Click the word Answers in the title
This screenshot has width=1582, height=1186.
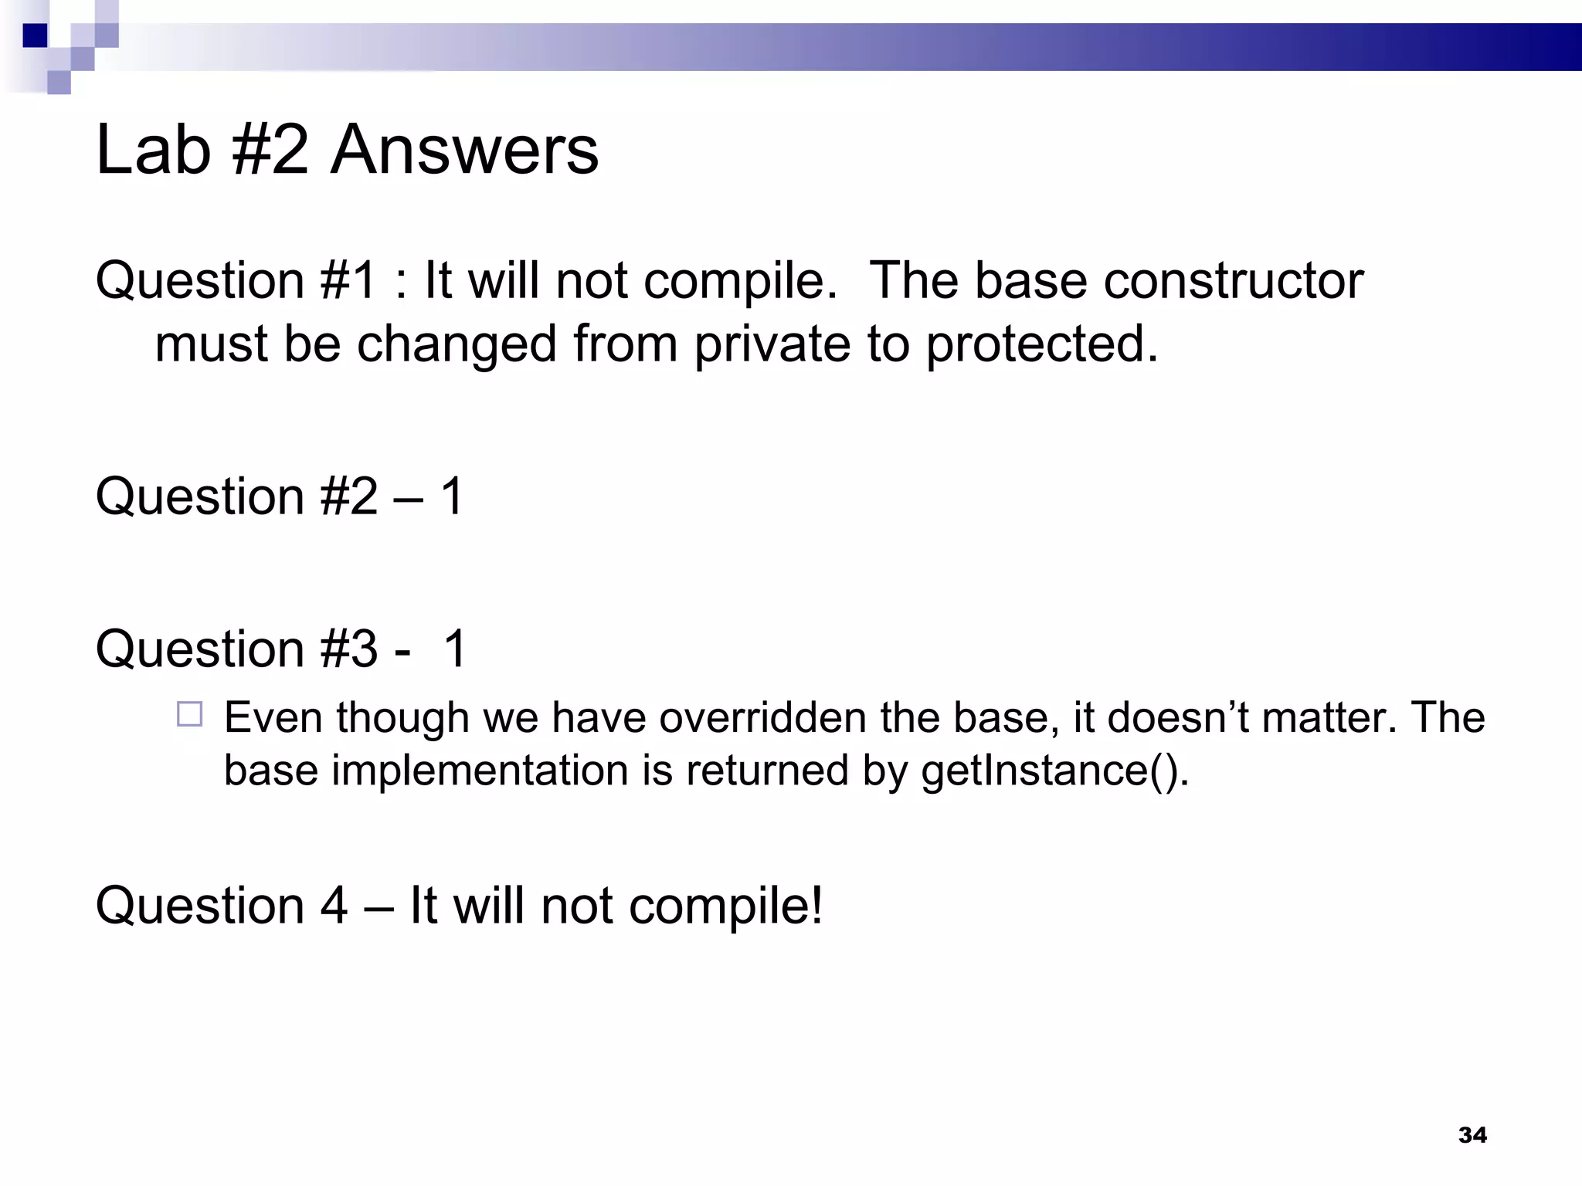pyautogui.click(x=464, y=150)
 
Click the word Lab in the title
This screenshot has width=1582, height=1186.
pyautogui.click(x=153, y=150)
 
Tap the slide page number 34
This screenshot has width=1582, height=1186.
pyautogui.click(x=1472, y=1134)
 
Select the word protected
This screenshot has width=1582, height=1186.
pyautogui.click(x=1042, y=344)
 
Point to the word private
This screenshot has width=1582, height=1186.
pyautogui.click(x=772, y=344)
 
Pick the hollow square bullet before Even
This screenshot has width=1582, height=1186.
pyautogui.click(x=189, y=714)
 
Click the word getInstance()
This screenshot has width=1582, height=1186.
pyautogui.click(x=1054, y=771)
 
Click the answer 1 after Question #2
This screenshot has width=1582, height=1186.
pyautogui.click(x=452, y=496)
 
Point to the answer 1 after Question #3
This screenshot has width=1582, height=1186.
pyautogui.click(x=455, y=649)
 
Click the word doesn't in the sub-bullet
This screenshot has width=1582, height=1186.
pyautogui.click(x=1190, y=717)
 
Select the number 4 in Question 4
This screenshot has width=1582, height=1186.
pyautogui.click(x=333, y=906)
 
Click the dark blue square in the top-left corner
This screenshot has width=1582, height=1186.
pyautogui.click(x=35, y=36)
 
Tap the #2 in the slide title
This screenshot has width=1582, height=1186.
pyautogui.click(x=270, y=150)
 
